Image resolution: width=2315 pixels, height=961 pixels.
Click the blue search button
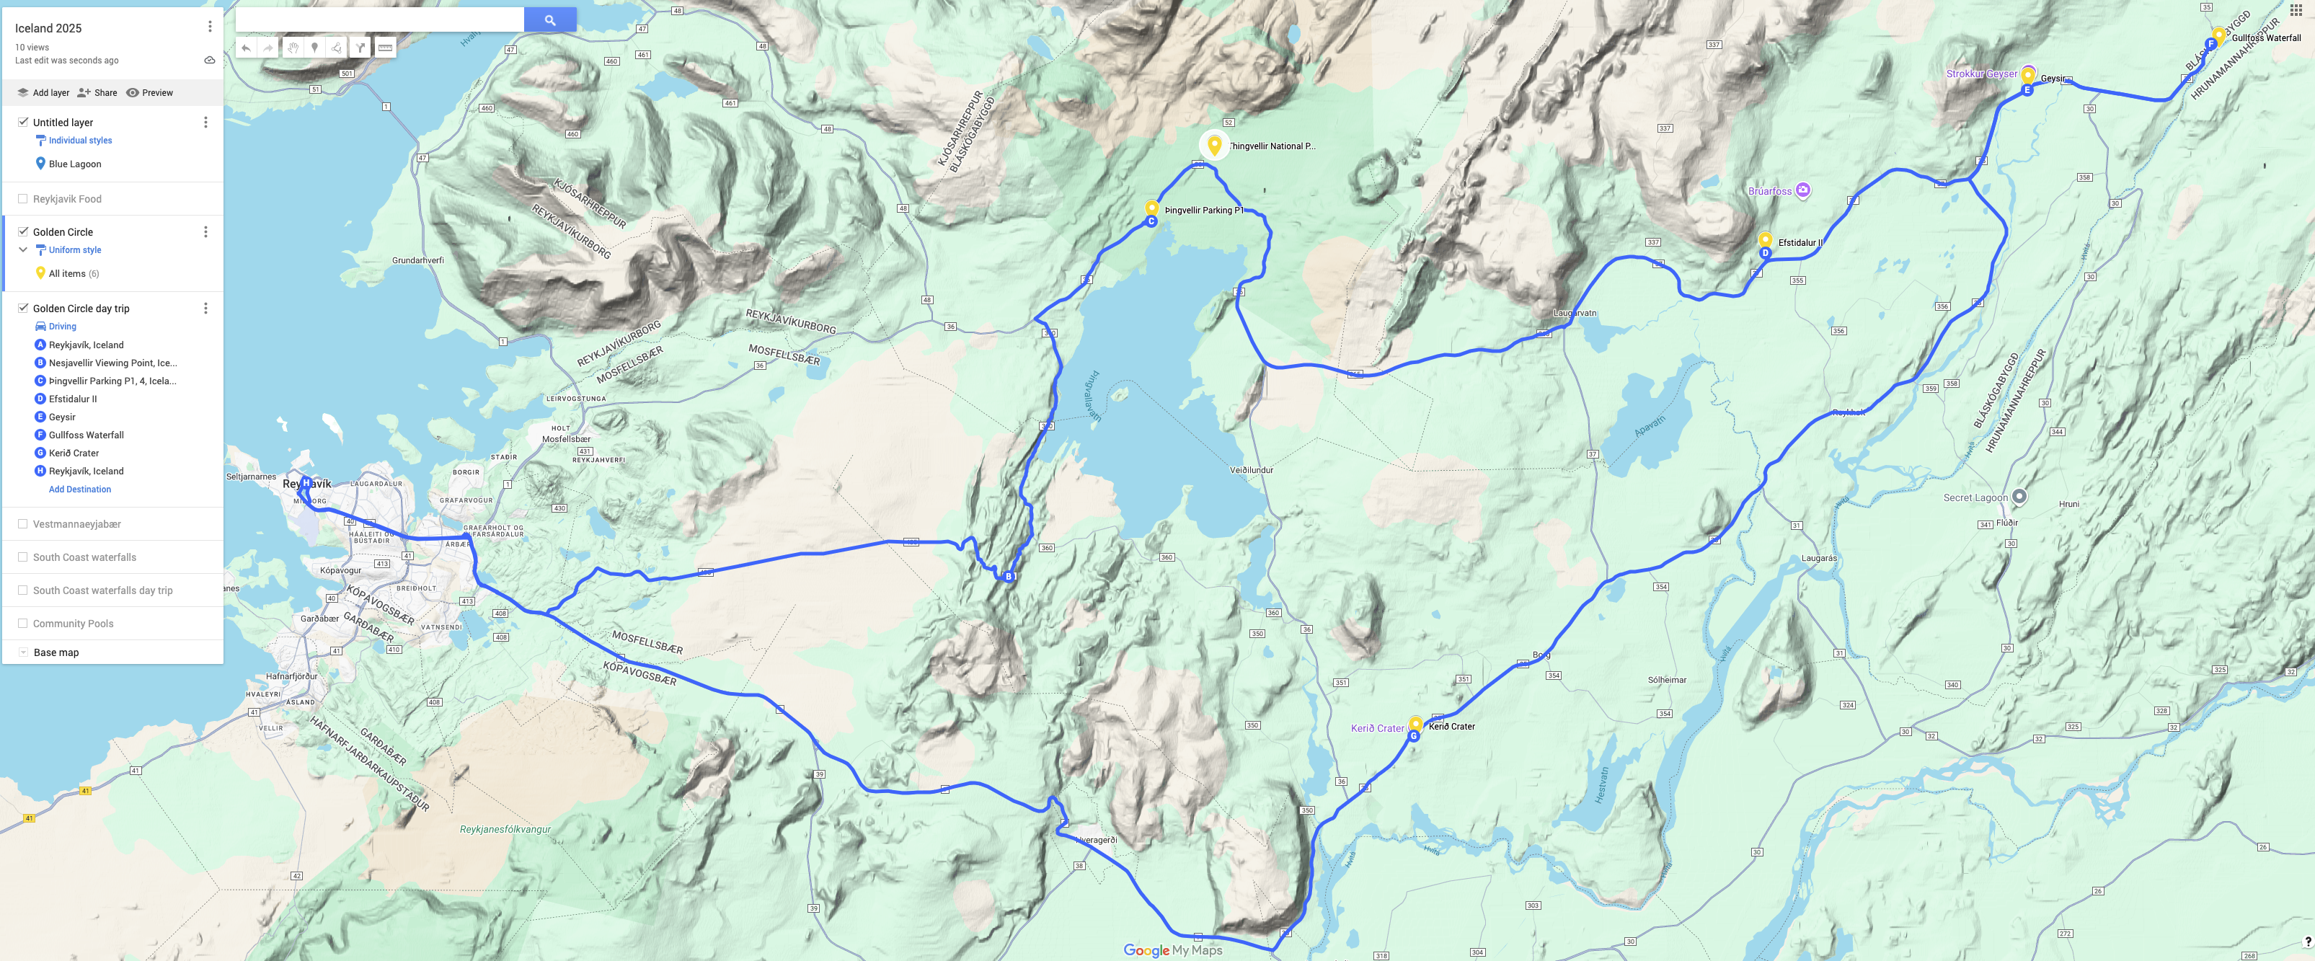(549, 19)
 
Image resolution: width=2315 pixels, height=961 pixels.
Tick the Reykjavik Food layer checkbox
(22, 199)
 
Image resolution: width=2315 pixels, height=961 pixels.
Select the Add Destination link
(80, 489)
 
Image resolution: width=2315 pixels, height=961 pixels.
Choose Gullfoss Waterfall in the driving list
(87, 435)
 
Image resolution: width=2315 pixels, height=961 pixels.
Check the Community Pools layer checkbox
(22, 623)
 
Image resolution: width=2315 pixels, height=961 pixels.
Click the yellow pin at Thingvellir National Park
(1214, 144)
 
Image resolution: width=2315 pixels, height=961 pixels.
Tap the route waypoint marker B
(1009, 576)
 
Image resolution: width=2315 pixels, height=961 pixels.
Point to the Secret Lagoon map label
(1975, 497)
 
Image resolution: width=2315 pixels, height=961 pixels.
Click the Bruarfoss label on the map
(1769, 190)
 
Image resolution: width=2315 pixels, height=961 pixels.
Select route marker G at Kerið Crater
(1414, 735)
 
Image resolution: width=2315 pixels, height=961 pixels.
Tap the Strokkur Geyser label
(1980, 74)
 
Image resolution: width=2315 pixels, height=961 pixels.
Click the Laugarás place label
(1819, 558)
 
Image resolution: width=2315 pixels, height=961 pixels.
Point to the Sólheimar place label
(1666, 680)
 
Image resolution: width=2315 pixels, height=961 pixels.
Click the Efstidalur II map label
(1800, 243)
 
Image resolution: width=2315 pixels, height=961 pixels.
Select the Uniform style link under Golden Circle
(74, 250)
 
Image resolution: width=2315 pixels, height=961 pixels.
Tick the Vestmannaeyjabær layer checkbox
(22, 523)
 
